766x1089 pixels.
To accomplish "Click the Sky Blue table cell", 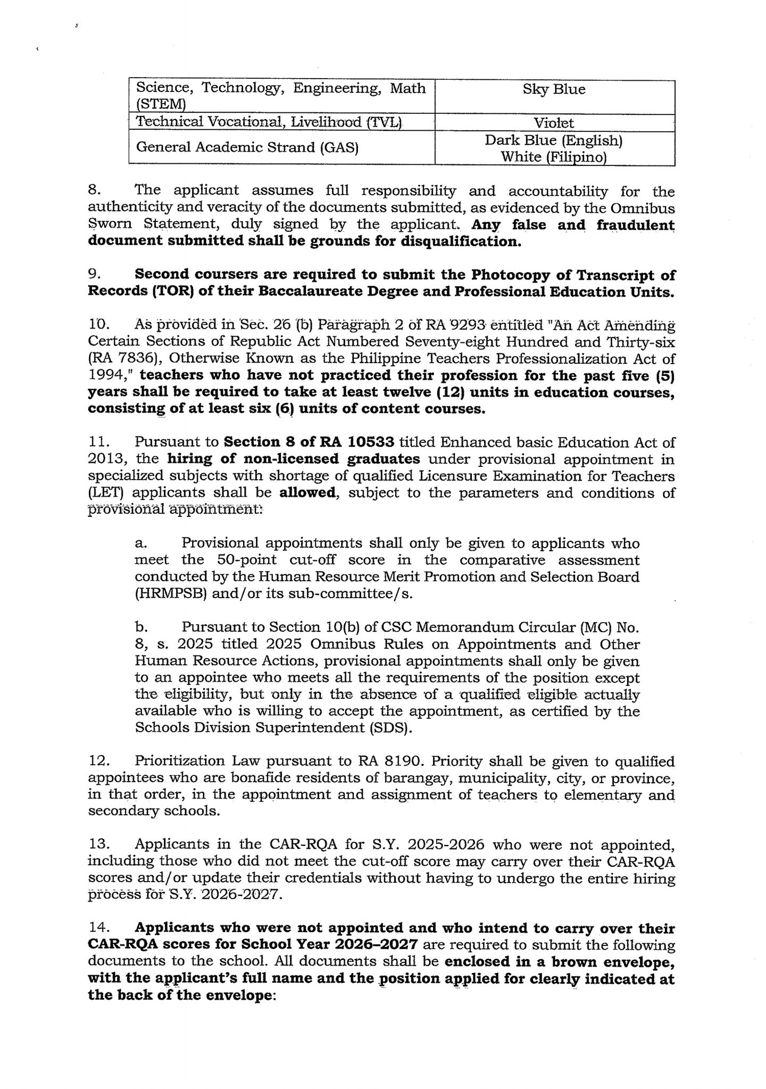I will point(554,89).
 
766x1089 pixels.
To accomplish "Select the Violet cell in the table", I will point(554,123).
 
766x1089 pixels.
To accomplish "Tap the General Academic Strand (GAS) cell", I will point(247,147).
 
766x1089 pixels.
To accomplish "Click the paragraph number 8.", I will point(94,190).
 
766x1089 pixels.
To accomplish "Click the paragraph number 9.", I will point(94,274).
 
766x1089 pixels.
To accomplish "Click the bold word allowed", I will point(308,493).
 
